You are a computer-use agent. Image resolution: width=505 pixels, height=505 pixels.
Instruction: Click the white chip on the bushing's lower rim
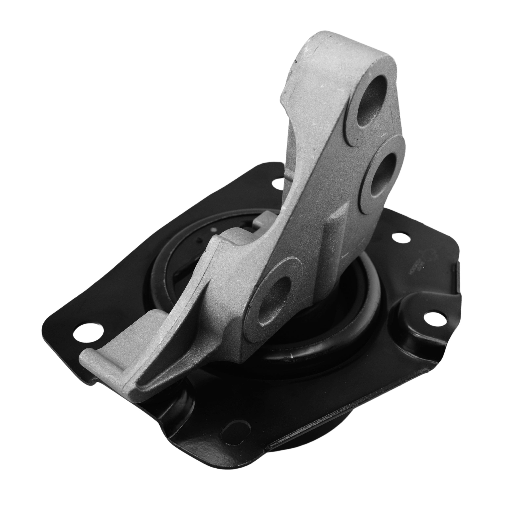pos(291,356)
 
